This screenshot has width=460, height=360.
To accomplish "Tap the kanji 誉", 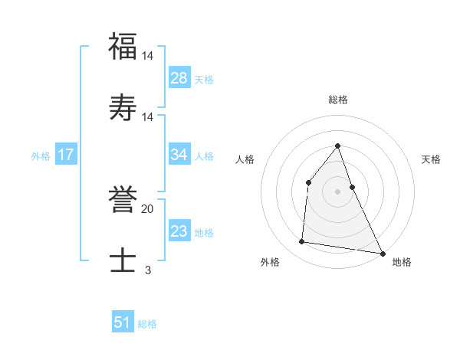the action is [123, 201].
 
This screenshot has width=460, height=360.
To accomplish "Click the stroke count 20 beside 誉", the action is [147, 209].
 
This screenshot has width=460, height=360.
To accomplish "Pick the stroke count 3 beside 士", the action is [147, 270].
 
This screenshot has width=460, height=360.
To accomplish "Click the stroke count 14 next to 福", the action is [147, 56].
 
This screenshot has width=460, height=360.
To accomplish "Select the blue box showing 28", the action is [179, 78].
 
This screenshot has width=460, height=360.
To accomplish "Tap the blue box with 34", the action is [179, 155].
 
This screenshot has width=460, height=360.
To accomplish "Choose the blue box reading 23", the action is [179, 231].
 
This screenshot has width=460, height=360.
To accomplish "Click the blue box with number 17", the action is [66, 155].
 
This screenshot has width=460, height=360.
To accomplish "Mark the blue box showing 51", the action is [123, 323].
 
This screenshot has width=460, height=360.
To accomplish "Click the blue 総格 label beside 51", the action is [147, 324].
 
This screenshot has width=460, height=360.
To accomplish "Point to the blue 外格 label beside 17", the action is [41, 155].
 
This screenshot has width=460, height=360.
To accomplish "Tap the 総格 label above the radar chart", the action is [337, 100].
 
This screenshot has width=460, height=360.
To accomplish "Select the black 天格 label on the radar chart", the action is [431, 159].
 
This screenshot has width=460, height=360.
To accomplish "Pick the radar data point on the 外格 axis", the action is [302, 242].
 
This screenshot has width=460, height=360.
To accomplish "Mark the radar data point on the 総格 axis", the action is [337, 146].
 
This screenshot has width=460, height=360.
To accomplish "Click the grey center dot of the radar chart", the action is [337, 191].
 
